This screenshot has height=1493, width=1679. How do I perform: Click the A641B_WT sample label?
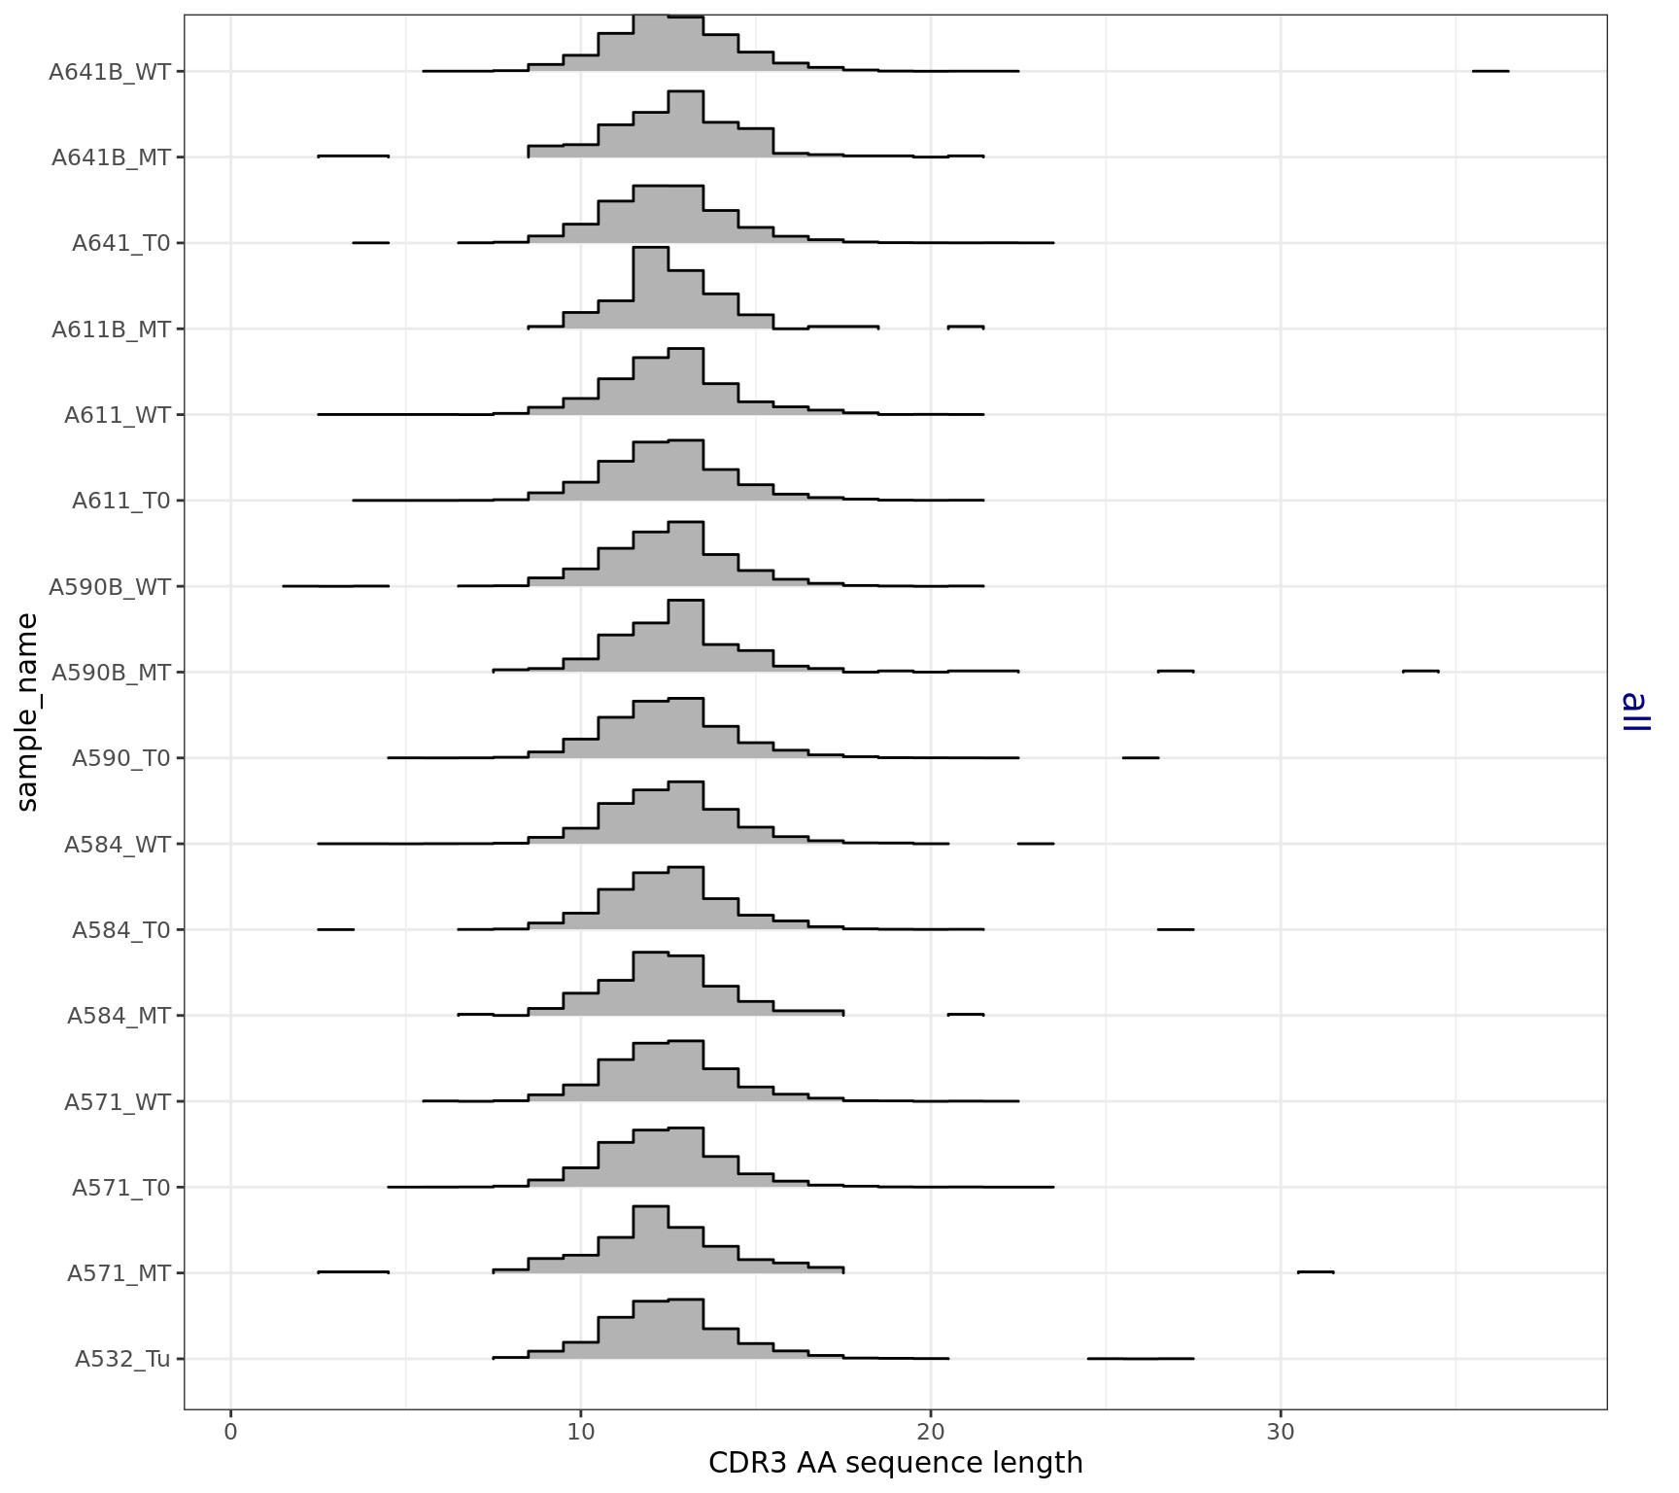[x=110, y=72]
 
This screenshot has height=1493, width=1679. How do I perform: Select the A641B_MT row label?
[x=111, y=157]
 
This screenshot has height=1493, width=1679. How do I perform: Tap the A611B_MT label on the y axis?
[x=111, y=330]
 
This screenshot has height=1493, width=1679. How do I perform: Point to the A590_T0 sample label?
[x=120, y=758]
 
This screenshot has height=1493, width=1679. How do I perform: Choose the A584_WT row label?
[x=117, y=845]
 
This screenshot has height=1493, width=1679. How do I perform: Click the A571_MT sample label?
[x=119, y=1273]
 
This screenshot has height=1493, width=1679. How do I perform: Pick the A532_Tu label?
[x=122, y=1359]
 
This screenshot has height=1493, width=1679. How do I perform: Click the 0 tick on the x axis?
[x=230, y=1432]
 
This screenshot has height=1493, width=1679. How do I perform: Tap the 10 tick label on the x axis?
[x=580, y=1432]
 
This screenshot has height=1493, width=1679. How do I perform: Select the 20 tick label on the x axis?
[x=930, y=1432]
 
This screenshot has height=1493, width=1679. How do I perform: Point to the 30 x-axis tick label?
[x=1280, y=1432]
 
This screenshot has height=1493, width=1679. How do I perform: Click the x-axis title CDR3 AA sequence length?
[x=895, y=1463]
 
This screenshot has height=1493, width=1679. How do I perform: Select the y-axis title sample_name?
[x=27, y=712]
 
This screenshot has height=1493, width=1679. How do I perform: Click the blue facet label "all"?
[x=1635, y=712]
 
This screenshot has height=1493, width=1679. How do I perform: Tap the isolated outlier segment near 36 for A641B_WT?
[x=1490, y=71]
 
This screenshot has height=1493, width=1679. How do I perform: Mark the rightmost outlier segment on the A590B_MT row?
[x=1420, y=671]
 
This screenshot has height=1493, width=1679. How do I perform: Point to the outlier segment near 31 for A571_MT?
[x=1315, y=1271]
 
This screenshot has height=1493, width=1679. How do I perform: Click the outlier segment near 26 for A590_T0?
[x=1140, y=756]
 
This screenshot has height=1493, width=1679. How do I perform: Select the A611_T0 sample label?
[x=120, y=502]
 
